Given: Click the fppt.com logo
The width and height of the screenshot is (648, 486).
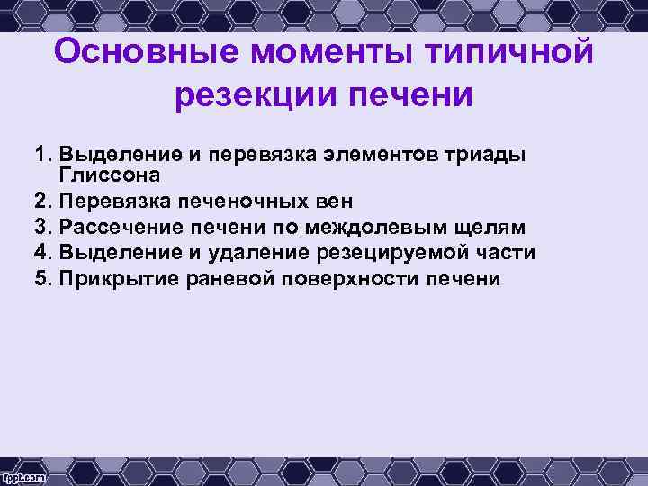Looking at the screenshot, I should pyautogui.click(x=25, y=474).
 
